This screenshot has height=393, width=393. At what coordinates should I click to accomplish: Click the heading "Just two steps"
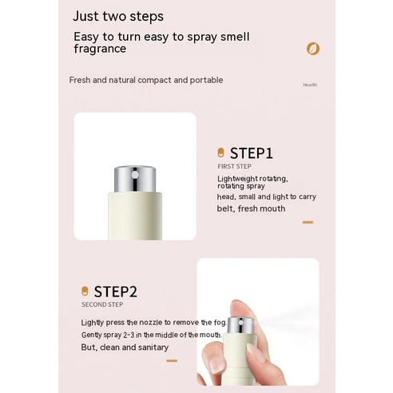(x=118, y=17)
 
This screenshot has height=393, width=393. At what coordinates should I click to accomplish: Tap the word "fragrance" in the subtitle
(x=100, y=49)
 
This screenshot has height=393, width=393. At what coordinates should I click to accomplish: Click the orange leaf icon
(x=313, y=49)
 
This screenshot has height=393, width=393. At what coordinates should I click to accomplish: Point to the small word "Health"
(x=310, y=85)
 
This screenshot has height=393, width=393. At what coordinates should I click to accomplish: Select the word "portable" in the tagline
(x=206, y=80)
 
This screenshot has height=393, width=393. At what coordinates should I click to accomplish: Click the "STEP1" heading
(x=252, y=153)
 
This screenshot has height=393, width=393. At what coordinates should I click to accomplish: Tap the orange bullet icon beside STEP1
(x=220, y=153)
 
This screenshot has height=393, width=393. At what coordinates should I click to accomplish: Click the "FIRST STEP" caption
(x=234, y=166)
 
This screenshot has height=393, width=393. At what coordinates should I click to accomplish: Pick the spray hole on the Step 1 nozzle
(x=135, y=175)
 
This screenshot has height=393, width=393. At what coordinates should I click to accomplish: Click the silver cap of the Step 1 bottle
(x=135, y=179)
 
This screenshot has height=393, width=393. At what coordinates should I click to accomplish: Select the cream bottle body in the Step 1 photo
(x=135, y=216)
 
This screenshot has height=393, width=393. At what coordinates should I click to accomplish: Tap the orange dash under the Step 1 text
(x=308, y=222)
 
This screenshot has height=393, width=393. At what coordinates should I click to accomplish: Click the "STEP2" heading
(x=116, y=292)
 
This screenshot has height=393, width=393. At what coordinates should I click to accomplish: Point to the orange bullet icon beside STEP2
(x=85, y=291)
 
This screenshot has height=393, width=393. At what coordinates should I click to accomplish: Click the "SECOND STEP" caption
(x=102, y=304)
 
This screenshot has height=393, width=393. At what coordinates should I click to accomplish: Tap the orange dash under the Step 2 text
(x=172, y=361)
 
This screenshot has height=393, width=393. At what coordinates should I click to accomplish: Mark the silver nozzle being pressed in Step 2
(x=240, y=325)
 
